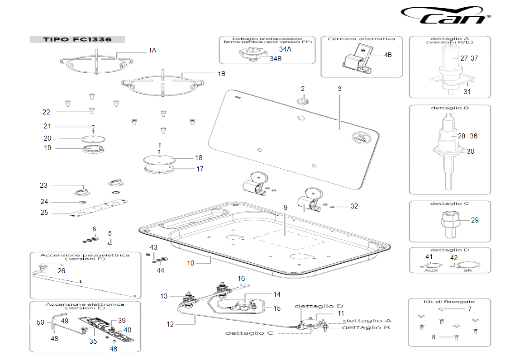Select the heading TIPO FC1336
click(77, 39)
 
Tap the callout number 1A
click(152, 51)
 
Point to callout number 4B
click(388, 55)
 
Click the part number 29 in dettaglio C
click(474, 220)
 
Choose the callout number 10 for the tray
click(191, 263)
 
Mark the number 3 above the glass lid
click(339, 89)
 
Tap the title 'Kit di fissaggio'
click(450, 302)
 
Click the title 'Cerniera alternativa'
click(361, 39)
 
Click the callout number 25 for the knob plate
click(43, 213)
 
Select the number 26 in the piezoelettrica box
click(61, 270)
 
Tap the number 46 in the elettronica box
click(113, 349)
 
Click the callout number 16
click(241, 279)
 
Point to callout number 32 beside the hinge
click(354, 206)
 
